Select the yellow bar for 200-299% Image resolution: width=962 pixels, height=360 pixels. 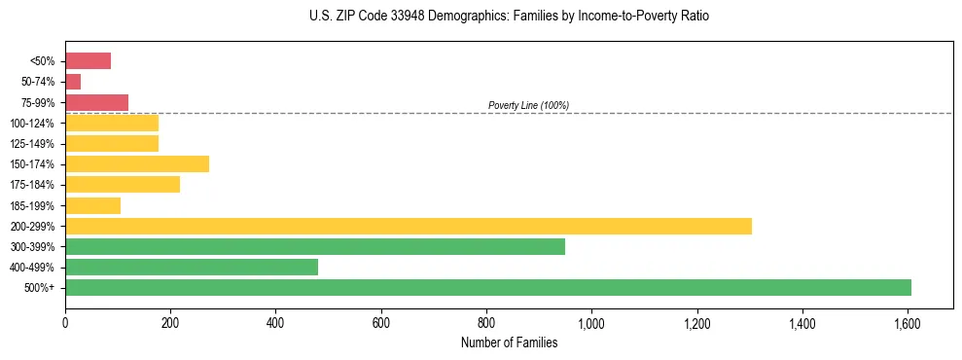(409, 226)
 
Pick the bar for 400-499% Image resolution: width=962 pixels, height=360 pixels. (192, 267)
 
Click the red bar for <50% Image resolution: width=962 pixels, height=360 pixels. (88, 61)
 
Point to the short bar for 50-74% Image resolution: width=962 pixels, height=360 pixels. (73, 82)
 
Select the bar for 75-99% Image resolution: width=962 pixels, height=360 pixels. (96, 102)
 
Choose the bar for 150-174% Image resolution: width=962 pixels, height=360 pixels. (137, 163)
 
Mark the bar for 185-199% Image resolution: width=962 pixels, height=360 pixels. (92, 205)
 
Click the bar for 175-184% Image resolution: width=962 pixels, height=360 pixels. (123, 185)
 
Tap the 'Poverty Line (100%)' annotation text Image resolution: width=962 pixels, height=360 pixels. (528, 105)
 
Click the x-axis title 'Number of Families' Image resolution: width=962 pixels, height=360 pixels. (510, 342)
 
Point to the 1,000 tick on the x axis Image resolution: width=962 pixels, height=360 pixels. (591, 320)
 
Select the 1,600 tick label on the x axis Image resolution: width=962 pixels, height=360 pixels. (908, 320)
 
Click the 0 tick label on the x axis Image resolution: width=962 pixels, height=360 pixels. (65, 320)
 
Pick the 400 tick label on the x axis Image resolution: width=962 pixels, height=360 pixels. (275, 320)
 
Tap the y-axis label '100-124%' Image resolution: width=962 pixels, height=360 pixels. (33, 124)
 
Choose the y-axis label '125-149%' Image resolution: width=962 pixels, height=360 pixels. (33, 144)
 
